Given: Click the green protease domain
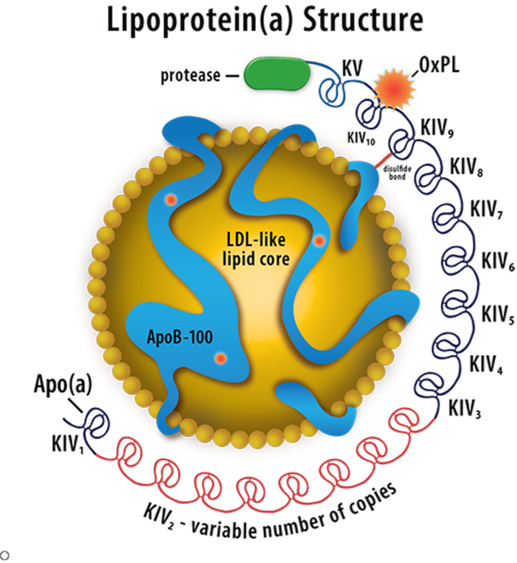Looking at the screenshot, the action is pos(277,74).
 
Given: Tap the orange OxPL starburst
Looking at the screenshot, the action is pos(394,89).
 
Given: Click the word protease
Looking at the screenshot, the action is pos(191,75).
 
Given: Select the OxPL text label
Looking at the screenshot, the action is pos(439,65).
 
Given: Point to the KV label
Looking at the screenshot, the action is pos(352,68).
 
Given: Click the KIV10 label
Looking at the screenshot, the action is pos(361,138).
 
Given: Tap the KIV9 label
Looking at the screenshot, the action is pos(437,128).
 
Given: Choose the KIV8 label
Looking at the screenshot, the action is pos(467,167).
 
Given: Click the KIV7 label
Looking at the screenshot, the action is pos(487,209).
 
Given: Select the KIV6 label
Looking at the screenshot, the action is pos(498,261).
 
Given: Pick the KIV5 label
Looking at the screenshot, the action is pos(498,314).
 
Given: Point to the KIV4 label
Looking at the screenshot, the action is pos(486,364).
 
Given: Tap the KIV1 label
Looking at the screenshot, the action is pos(67,444).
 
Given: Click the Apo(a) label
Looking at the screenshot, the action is pos(63,385).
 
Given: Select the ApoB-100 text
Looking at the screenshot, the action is pos(180,337).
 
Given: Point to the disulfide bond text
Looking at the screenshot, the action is pos(397,172).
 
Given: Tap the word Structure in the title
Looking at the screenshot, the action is pos(363,20).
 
